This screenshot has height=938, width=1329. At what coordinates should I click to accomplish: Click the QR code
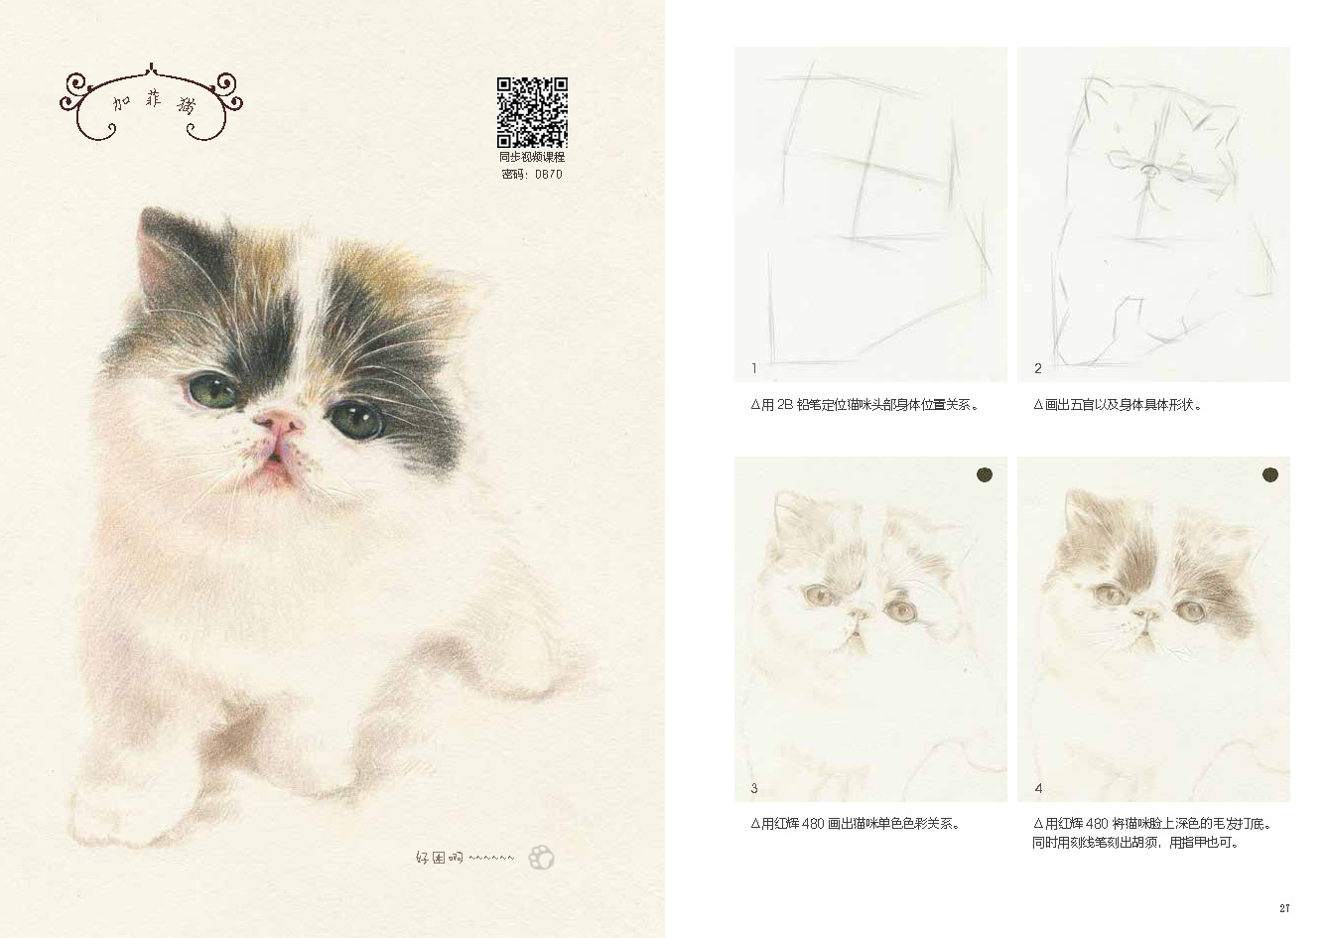pos(532,112)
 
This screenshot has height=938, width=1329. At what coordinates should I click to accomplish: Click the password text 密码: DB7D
pos(532,175)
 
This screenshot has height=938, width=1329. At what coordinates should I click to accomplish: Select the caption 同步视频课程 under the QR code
pos(532,157)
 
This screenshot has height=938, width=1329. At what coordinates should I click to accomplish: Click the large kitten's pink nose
pos(279,422)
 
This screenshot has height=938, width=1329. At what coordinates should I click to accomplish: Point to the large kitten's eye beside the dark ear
pos(212,391)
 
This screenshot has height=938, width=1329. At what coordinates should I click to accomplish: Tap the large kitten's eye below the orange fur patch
pos(356,420)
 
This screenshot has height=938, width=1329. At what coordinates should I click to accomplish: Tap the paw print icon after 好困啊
pos(541,858)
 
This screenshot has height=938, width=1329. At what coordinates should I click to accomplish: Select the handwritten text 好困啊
pos(439,858)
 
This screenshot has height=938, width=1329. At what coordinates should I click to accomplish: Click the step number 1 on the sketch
pos(754,368)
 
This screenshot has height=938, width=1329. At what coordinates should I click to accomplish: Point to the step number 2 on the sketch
pos(1037,368)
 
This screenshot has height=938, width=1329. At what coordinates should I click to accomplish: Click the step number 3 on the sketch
pos(754,788)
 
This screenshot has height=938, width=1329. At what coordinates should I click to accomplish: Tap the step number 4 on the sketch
pos(1038,788)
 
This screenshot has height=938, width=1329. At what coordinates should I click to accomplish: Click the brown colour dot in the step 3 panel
pos(985,474)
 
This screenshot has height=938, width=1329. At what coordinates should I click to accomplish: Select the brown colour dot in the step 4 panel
pos(1270,474)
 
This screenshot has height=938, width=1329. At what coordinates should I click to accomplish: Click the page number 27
pos(1284,908)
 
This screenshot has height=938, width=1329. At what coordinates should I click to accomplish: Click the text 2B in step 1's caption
pos(784,405)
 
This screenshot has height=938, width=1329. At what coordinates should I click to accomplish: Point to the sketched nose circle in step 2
pos(1148,171)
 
